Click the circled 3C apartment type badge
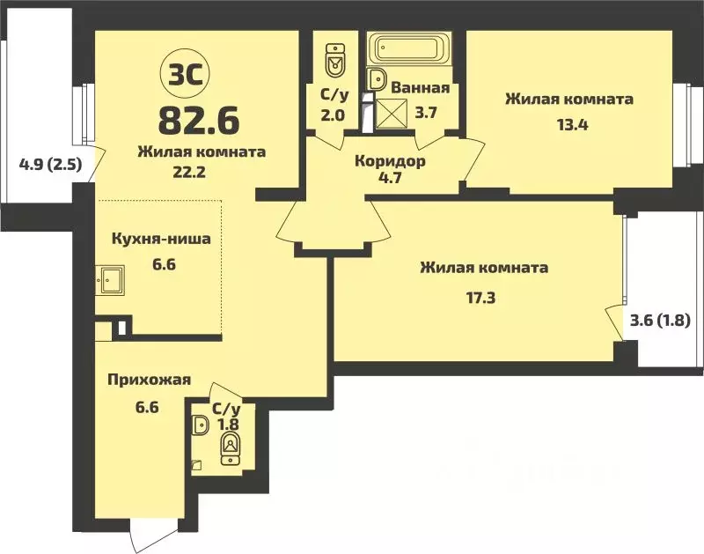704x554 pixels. [182, 72]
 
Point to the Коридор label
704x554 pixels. [390, 161]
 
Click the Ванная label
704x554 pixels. [421, 88]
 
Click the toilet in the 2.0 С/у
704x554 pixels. [334, 60]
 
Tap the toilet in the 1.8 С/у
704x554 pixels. [231, 446]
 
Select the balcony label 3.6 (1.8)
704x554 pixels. [660, 321]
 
